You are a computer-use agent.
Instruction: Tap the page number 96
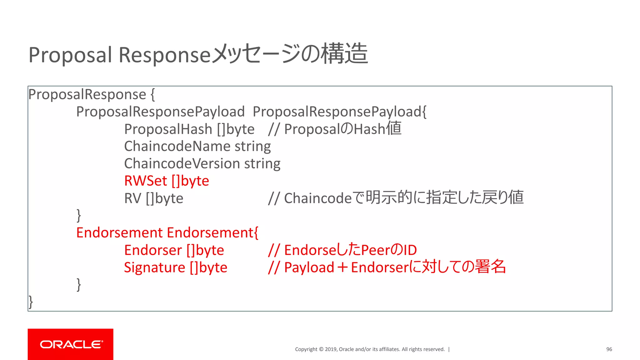[x=609, y=349]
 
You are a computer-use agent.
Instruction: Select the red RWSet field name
[x=146, y=181]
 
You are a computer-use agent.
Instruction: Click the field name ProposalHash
[x=168, y=129]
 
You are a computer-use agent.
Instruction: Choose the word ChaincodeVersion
[x=182, y=164]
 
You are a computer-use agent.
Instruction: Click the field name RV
[x=133, y=198]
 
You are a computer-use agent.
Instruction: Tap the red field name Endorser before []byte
[x=153, y=250]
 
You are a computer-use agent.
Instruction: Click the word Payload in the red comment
[x=309, y=268]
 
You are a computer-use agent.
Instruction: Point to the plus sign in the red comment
[x=342, y=268]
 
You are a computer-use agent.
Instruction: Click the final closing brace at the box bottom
[x=31, y=302]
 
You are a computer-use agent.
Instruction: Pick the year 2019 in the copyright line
[x=330, y=349]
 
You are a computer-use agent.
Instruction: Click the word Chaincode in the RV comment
[x=318, y=198]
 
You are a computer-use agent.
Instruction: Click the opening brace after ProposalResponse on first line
[x=152, y=95]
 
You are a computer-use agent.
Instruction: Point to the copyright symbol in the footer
[x=321, y=349]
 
